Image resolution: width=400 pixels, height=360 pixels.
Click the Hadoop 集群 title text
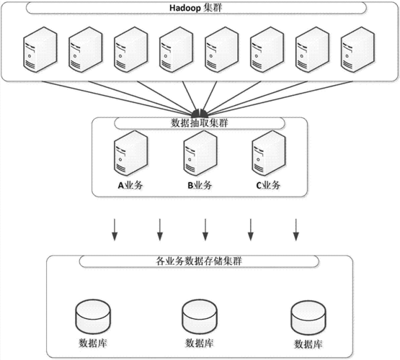coord(195,8)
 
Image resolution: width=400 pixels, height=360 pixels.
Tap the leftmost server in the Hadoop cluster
coord(40,50)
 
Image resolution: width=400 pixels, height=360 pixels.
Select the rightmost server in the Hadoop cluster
coord(357,50)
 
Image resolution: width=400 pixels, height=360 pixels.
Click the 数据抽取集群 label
coord(199,123)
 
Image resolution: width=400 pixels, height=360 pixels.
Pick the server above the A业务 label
coord(131,153)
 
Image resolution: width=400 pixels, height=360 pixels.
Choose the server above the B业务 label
coord(200,153)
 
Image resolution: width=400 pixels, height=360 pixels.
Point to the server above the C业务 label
coord(269,153)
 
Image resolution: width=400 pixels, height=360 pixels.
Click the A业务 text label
coord(130,185)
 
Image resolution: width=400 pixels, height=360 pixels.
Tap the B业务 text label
coord(200,185)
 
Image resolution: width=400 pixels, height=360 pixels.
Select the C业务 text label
coord(268,185)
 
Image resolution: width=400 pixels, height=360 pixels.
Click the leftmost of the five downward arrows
coord(115,230)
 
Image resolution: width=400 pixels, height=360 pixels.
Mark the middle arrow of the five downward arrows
coord(205,230)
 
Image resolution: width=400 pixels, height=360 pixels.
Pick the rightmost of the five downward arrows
coord(296,230)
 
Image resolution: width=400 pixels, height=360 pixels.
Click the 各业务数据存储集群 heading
coord(199,261)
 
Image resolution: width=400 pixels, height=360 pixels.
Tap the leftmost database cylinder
coord(93,317)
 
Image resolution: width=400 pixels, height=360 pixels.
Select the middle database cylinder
coord(200,317)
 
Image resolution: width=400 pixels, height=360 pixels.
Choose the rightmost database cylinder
coord(308,318)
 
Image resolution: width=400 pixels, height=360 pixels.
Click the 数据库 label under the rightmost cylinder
coord(308,344)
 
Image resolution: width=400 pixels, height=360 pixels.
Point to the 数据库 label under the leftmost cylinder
coord(92,343)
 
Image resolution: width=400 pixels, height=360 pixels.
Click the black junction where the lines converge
coord(200,113)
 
